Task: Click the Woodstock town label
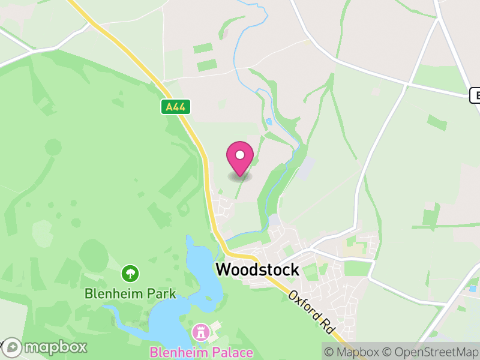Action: (257, 270)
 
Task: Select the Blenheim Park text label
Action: (130, 294)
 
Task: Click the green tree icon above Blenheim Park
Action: (130, 274)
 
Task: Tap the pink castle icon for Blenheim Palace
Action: (200, 331)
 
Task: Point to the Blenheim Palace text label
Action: (201, 352)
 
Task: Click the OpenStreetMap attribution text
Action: (431, 352)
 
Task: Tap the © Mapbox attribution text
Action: (354, 352)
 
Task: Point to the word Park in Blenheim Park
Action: (163, 294)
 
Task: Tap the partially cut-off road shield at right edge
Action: (475, 95)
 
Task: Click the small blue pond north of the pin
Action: (268, 121)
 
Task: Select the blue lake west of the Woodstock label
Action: (198, 264)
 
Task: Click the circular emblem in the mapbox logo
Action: (12, 347)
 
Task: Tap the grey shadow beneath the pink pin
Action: (240, 176)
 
